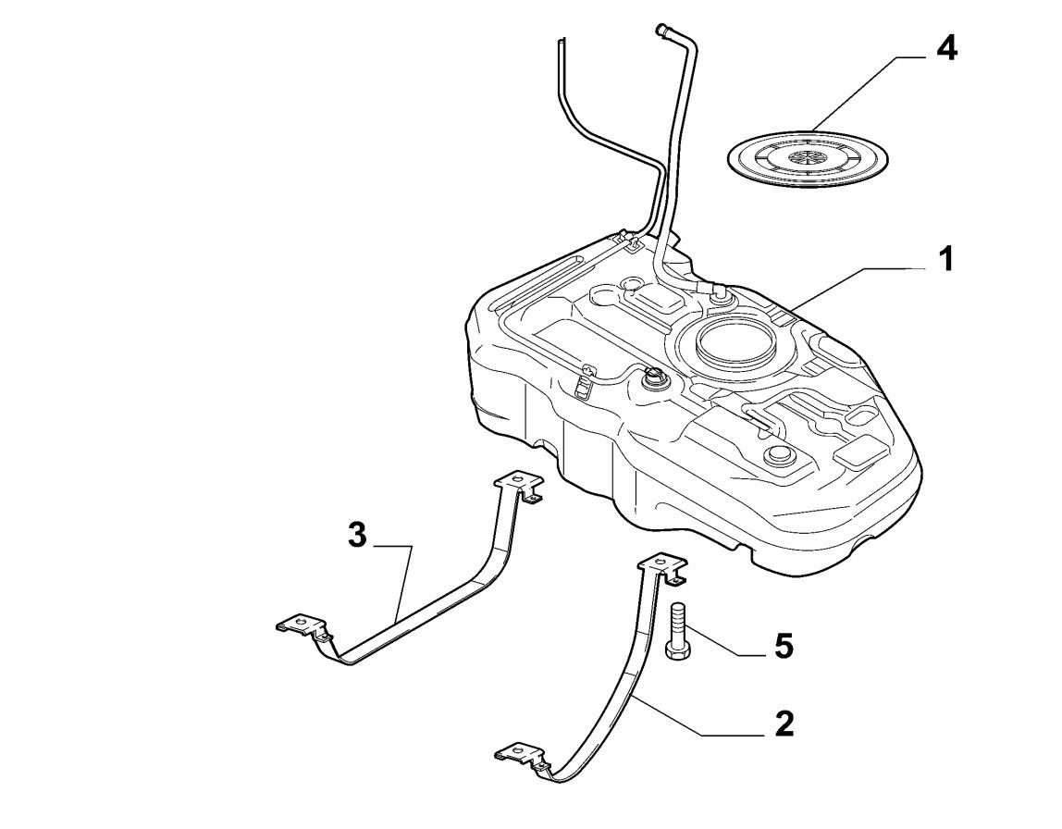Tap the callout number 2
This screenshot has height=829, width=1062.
tap(784, 724)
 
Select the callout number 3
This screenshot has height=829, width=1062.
tap(357, 535)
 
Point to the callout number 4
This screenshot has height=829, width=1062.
tap(945, 48)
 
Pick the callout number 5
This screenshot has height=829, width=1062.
tap(784, 646)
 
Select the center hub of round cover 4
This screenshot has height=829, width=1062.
tap(808, 157)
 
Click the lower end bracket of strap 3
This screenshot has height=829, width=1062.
tap(303, 628)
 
